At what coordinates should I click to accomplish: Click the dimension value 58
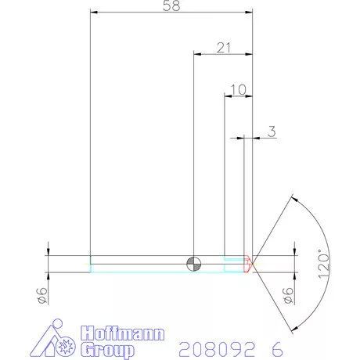(171, 6)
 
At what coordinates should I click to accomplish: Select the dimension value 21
(224, 48)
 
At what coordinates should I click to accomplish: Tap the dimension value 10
(239, 89)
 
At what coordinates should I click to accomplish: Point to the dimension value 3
(272, 131)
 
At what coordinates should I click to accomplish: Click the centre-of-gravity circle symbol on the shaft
(193, 263)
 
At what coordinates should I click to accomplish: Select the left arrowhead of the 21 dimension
(197, 54)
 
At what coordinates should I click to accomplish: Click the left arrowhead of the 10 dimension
(229, 95)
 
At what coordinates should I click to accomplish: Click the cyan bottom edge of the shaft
(157, 272)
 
